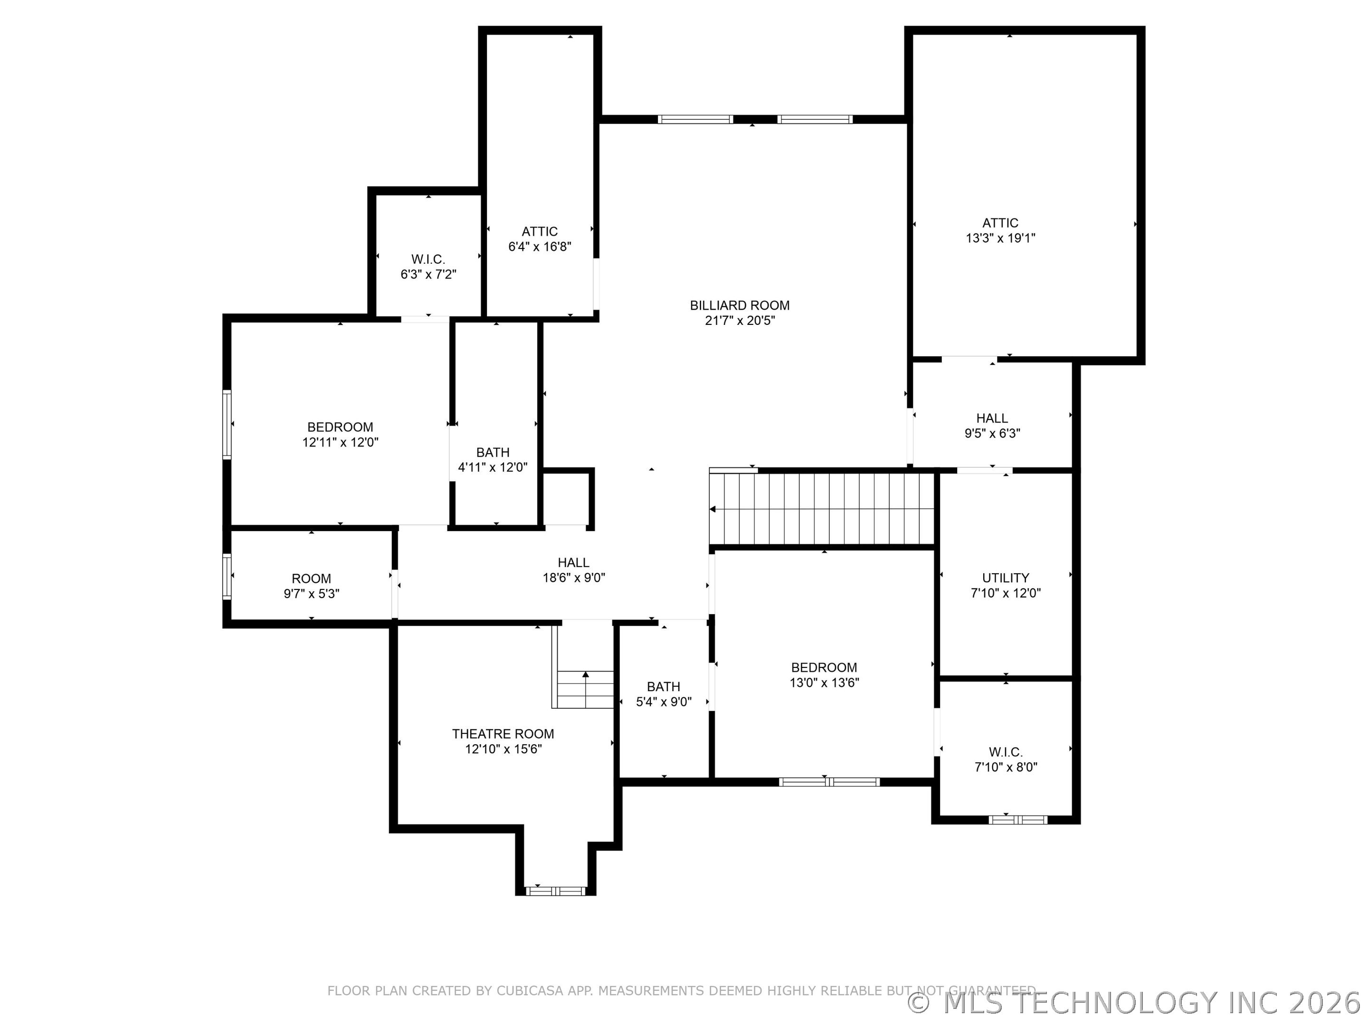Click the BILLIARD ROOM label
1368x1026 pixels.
(740, 305)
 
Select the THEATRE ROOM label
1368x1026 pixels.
(503, 734)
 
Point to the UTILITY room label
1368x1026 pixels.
(1006, 578)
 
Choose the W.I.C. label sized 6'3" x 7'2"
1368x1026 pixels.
(428, 260)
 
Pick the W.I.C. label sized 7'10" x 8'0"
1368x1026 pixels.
(1006, 752)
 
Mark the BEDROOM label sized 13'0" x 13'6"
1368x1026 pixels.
(824, 667)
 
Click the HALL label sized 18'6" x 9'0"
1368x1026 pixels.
(573, 562)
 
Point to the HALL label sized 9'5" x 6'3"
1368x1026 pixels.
(992, 418)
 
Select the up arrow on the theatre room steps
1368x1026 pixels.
(585, 674)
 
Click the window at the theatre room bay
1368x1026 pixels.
(555, 891)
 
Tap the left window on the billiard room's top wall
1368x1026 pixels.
(695, 119)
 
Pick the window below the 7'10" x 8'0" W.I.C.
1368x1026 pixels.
(1017, 820)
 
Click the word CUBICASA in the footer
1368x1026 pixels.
(530, 991)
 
